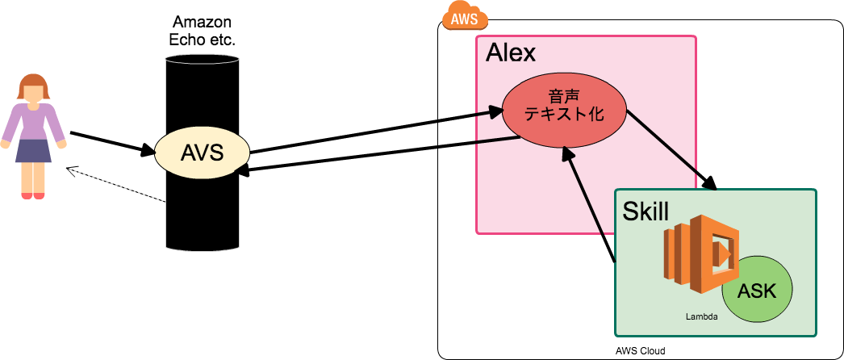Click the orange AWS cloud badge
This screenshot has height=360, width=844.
pyautogui.click(x=466, y=18)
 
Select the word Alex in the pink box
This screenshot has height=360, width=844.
pyautogui.click(x=510, y=53)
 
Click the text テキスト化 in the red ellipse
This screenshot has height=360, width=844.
pyautogui.click(x=564, y=115)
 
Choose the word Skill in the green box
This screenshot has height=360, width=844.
pyautogui.click(x=646, y=211)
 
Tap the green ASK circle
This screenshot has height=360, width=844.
pyautogui.click(x=757, y=291)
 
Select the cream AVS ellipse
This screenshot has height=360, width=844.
pyautogui.click(x=202, y=152)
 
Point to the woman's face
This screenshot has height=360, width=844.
pyautogui.click(x=33, y=94)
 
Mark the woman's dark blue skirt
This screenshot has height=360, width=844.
pyautogui.click(x=33, y=150)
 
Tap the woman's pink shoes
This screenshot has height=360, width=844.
pyautogui.click(x=33, y=195)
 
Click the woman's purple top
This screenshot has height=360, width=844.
pyautogui.click(x=33, y=122)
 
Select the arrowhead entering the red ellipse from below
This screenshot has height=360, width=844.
pyautogui.click(x=568, y=153)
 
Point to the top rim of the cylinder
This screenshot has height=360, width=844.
pyautogui.click(x=202, y=59)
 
